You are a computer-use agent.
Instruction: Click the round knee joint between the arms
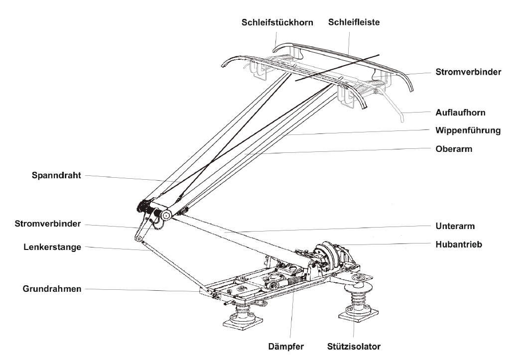pos(165,215)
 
